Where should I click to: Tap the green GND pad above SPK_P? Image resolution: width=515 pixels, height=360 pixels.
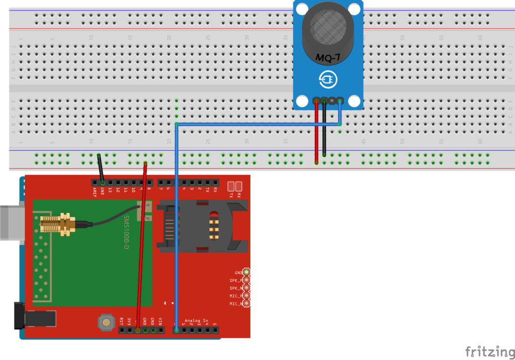(246, 272)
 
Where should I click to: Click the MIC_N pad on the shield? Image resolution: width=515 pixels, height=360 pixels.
(246, 304)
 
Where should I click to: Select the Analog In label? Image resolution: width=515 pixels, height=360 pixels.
(196, 321)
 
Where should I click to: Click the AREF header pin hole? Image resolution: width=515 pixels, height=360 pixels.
(95, 182)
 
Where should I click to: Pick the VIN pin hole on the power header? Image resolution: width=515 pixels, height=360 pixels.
(160, 330)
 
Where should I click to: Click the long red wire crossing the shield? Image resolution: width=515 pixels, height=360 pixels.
(142, 241)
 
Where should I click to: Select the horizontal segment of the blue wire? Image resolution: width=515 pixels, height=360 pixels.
(256, 124)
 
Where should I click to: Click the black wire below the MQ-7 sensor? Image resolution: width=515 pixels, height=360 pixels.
(324, 131)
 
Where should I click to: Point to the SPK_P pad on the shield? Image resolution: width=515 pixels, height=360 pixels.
(246, 280)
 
